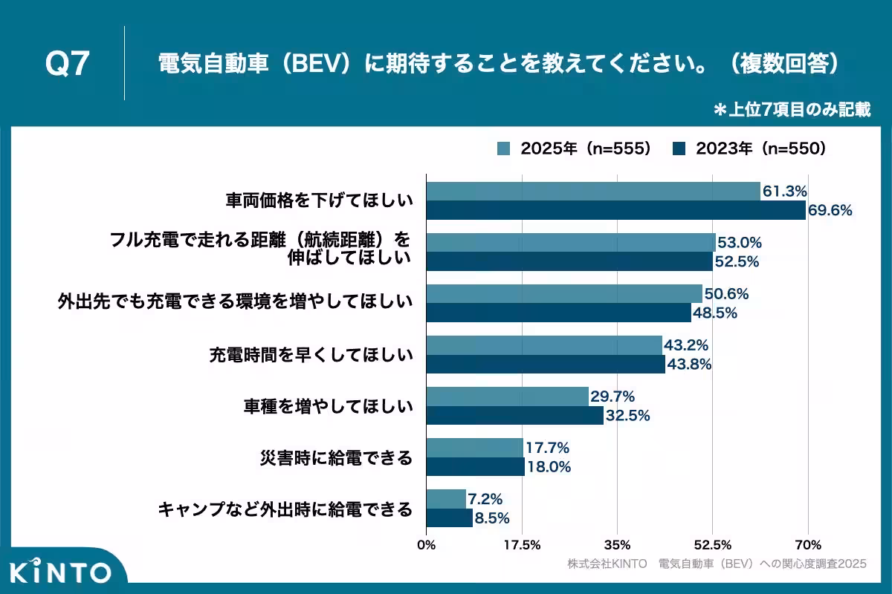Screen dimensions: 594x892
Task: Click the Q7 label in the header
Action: pos(68,65)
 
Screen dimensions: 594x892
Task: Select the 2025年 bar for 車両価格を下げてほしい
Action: pos(592,192)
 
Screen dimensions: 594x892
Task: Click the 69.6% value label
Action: pos(830,210)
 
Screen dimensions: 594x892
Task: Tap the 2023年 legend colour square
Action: pos(679,148)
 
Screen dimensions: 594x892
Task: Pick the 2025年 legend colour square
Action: pos(504,148)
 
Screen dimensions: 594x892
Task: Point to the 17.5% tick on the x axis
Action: pos(522,544)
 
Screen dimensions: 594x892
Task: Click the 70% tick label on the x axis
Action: pos(809,544)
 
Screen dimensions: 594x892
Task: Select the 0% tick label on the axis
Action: pos(427,544)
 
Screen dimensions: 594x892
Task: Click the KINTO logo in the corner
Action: pos(61,572)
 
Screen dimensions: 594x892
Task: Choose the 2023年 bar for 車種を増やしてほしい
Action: pos(514,416)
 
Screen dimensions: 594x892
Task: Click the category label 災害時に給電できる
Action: pos(336,457)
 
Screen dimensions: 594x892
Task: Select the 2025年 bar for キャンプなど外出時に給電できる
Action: pos(446,499)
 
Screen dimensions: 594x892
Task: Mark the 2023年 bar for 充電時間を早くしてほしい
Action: pos(546,365)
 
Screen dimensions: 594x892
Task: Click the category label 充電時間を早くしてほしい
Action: pos(310,355)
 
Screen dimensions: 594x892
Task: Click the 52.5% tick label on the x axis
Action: pos(713,544)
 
